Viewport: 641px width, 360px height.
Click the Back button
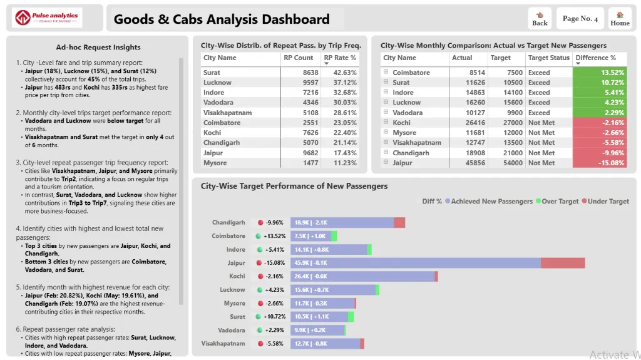click(540, 19)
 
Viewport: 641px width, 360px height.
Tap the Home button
click(620, 19)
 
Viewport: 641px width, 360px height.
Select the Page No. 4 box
click(580, 19)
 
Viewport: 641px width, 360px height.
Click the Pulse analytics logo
click(48, 18)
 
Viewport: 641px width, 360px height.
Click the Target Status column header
click(548, 58)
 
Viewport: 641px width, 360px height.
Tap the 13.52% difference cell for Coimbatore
click(600, 73)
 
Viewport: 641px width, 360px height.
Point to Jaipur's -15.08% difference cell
click(600, 163)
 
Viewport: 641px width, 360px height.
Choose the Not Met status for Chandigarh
click(541, 153)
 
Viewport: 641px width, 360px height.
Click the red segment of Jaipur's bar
click(562, 263)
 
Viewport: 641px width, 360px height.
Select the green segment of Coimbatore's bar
click(334, 236)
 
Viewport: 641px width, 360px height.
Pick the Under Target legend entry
click(606, 201)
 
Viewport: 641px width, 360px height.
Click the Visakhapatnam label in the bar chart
click(223, 343)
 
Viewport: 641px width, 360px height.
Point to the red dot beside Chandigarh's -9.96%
click(259, 222)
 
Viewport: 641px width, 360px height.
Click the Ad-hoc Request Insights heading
click(98, 47)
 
